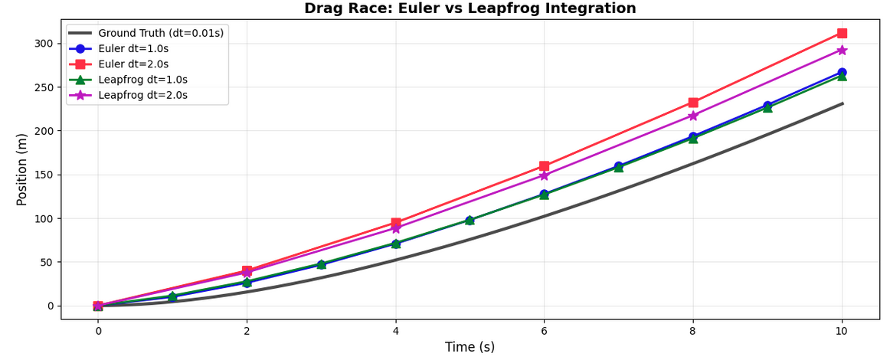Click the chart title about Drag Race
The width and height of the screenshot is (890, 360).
tap(470, 8)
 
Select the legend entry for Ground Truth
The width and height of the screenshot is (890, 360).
tap(161, 34)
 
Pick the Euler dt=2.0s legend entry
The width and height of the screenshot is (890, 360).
tap(133, 64)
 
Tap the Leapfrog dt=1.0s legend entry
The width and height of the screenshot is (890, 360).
tap(142, 80)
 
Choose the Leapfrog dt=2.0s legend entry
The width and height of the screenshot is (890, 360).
tap(142, 95)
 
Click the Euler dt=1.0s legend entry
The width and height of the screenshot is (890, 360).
tap(133, 49)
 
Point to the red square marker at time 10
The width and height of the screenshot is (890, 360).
tap(842, 33)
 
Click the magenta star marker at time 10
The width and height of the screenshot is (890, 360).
tap(842, 50)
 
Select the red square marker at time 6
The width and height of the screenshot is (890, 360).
tap(544, 165)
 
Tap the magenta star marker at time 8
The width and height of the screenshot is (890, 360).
tap(693, 116)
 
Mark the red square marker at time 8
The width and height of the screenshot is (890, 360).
tap(693, 102)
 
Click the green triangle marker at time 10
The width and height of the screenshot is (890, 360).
tap(842, 76)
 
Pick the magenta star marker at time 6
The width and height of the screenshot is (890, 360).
tap(544, 175)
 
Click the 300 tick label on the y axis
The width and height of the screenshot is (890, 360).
tap(44, 44)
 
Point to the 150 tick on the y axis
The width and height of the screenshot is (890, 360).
tap(44, 175)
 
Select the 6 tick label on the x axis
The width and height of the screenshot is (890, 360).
tap(544, 331)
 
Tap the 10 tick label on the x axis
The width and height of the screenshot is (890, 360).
tap(842, 331)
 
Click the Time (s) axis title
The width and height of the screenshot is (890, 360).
tap(470, 347)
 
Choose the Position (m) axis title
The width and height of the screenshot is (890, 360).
tap(22, 169)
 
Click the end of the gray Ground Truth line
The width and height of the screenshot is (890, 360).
tap(842, 103)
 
